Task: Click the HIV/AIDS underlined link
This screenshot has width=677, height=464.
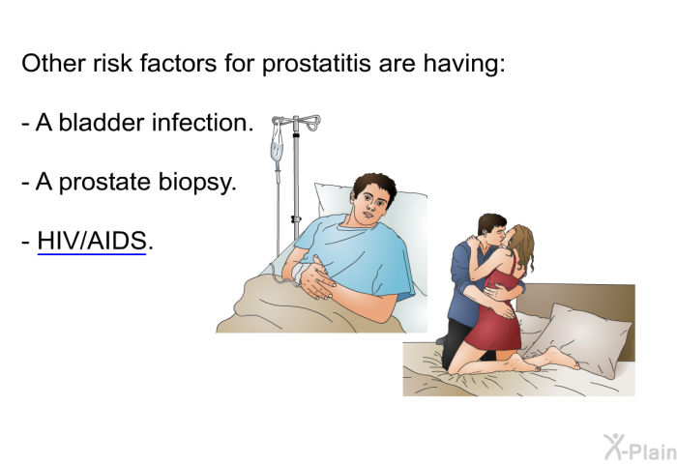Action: (x=92, y=241)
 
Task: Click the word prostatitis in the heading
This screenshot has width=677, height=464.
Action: (x=316, y=64)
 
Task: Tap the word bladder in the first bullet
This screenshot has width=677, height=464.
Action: (x=102, y=123)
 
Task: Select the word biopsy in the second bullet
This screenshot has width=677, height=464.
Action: (x=197, y=182)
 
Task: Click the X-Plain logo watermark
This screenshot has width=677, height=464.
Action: (x=639, y=448)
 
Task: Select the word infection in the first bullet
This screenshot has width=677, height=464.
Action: (x=202, y=123)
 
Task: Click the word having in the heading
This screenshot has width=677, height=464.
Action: (x=463, y=64)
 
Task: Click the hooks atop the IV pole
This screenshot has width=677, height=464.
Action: (x=297, y=122)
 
